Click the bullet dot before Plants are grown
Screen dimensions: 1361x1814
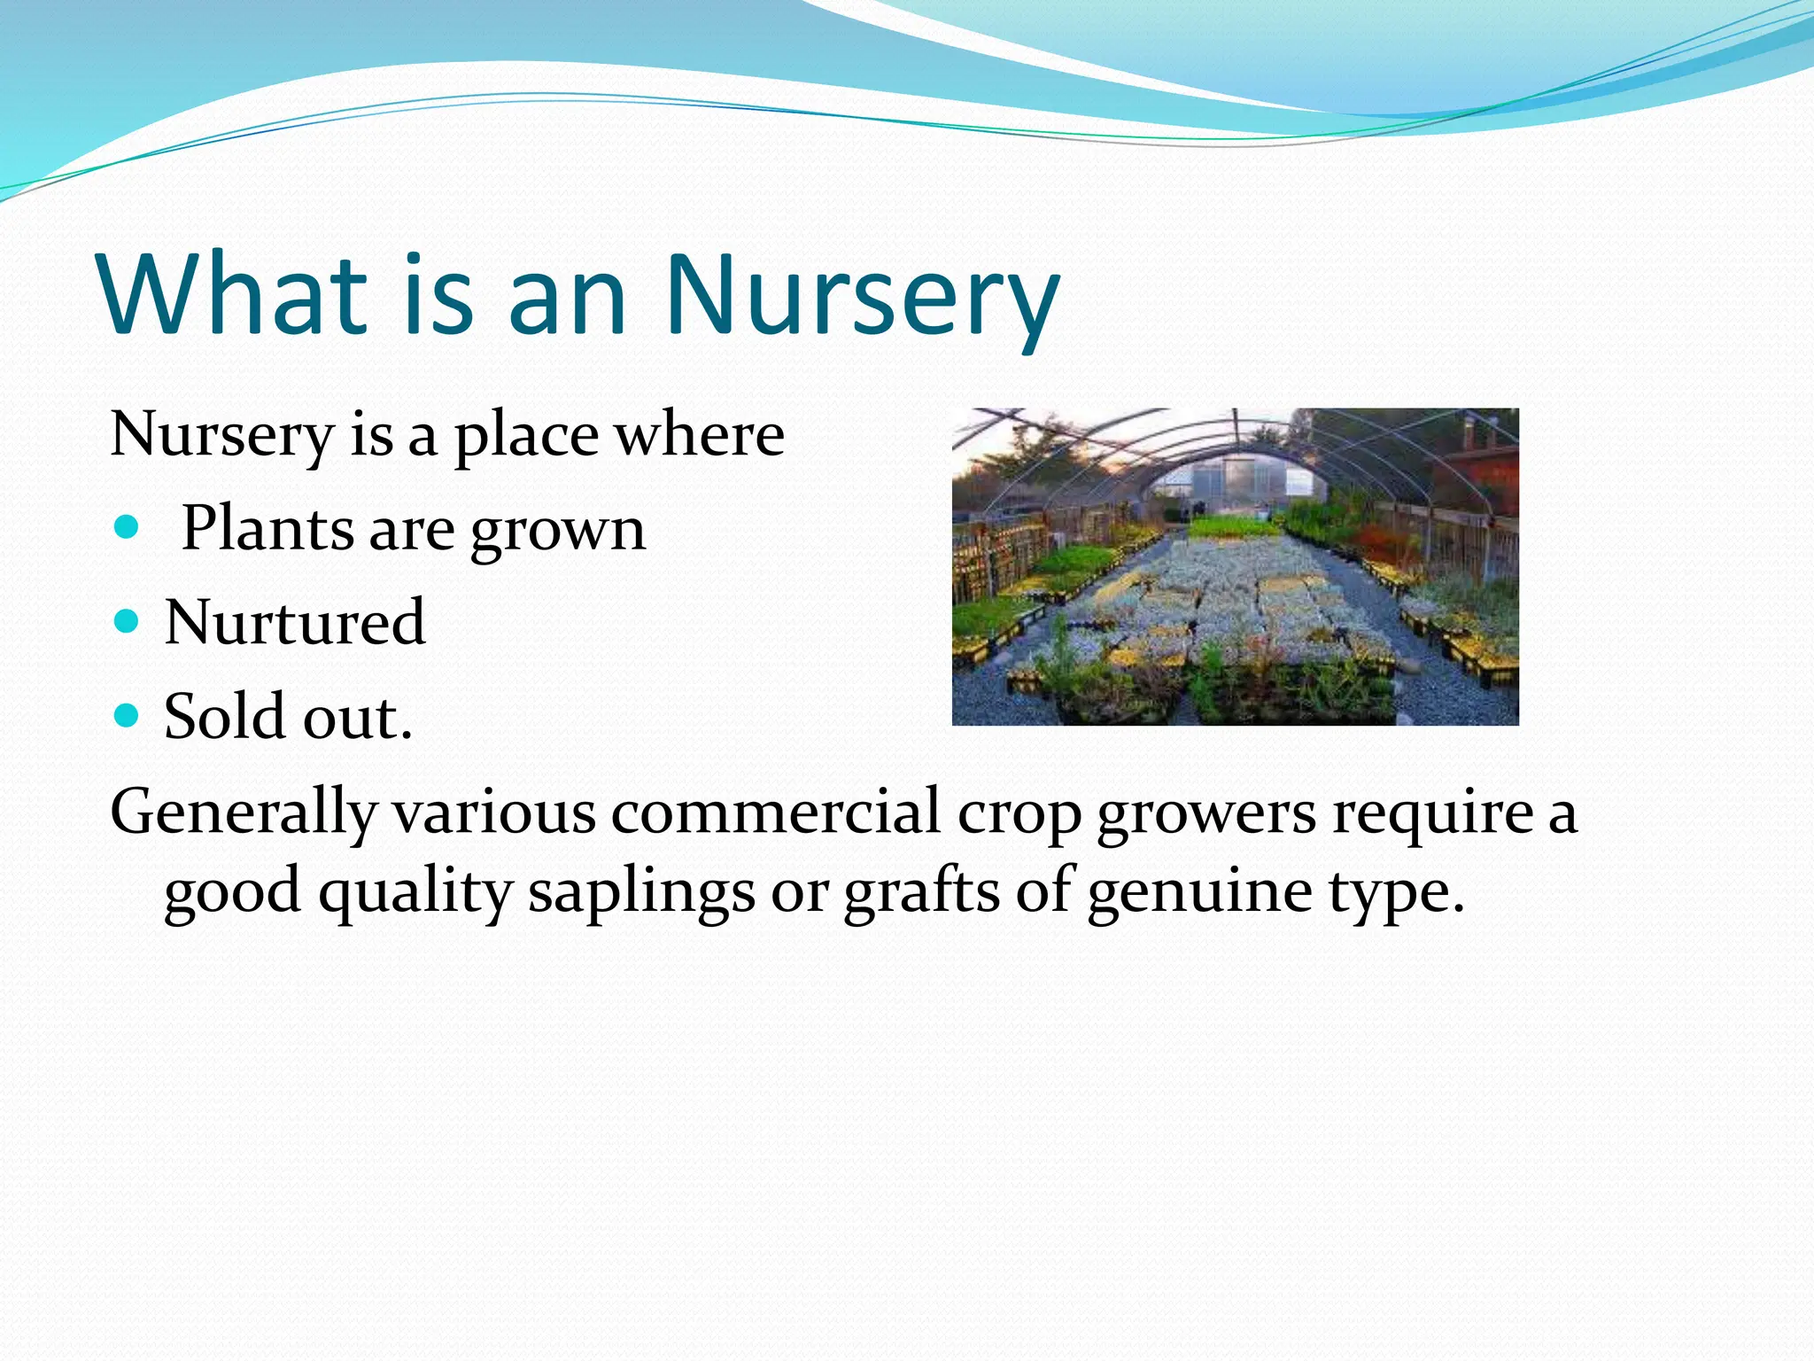(128, 528)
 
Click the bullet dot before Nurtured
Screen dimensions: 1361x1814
(128, 622)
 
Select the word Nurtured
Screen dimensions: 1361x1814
(295, 622)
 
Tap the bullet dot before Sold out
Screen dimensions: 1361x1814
(128, 715)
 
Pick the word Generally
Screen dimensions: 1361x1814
(244, 813)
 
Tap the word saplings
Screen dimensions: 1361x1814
(641, 891)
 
